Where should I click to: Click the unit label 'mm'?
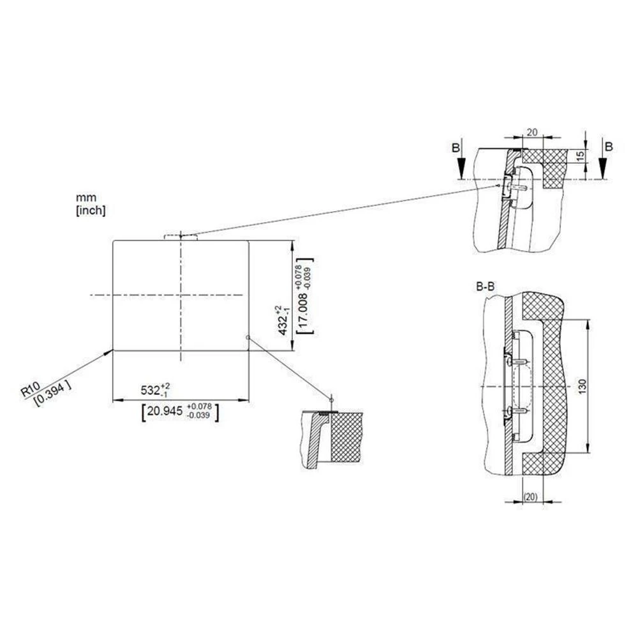(x=86, y=198)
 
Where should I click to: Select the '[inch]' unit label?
(x=91, y=211)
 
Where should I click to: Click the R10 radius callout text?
(x=31, y=389)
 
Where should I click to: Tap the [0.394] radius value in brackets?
(x=52, y=394)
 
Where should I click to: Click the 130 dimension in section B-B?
(x=582, y=386)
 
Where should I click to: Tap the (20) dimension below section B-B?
(x=531, y=497)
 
